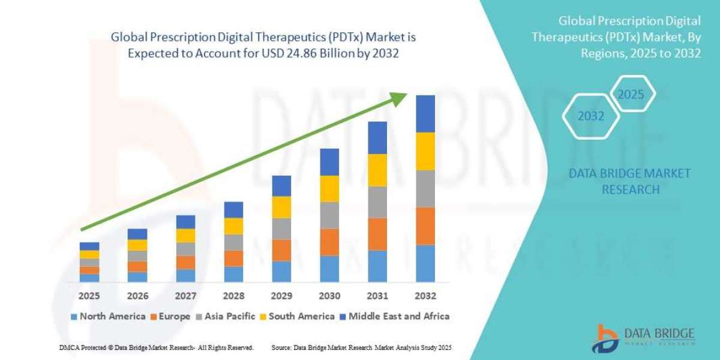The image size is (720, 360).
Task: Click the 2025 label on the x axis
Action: tap(89, 296)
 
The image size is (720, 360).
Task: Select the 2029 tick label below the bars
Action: tap(281, 296)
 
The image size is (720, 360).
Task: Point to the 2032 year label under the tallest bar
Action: tap(425, 296)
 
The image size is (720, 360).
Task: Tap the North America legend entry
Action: tap(107, 316)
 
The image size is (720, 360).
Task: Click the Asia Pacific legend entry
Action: tap(227, 316)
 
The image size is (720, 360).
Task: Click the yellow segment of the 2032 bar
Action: tap(425, 151)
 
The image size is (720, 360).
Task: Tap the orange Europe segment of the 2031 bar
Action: tap(377, 234)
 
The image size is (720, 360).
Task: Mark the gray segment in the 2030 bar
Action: tap(329, 215)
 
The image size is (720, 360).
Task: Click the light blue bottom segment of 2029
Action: tap(281, 271)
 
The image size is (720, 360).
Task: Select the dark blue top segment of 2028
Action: tap(233, 209)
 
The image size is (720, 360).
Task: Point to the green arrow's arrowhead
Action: tap(398, 100)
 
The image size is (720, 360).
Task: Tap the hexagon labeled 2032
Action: tap(591, 116)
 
